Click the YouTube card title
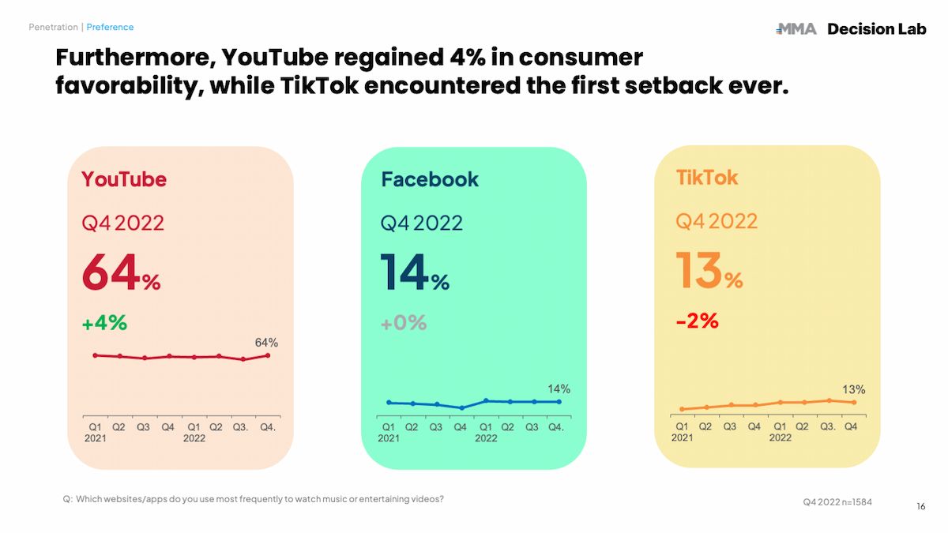pos(124,179)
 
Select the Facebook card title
pos(430,179)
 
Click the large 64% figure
pos(121,272)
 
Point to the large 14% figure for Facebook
pos(415,272)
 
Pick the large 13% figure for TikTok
pos(709,271)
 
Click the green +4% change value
pos(104,323)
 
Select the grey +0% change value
pos(403,323)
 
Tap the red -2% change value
pos(697,321)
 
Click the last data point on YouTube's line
pos(269,355)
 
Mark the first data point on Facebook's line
pos(389,403)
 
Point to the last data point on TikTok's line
pos(853,403)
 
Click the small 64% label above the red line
pos(266,343)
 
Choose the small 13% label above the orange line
pos(854,389)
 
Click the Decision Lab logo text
pos(876,29)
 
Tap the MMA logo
pos(796,29)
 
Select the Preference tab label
pos(110,27)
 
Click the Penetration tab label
pos(54,27)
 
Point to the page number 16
pos(921,506)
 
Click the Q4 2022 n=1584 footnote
pos(837,501)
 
